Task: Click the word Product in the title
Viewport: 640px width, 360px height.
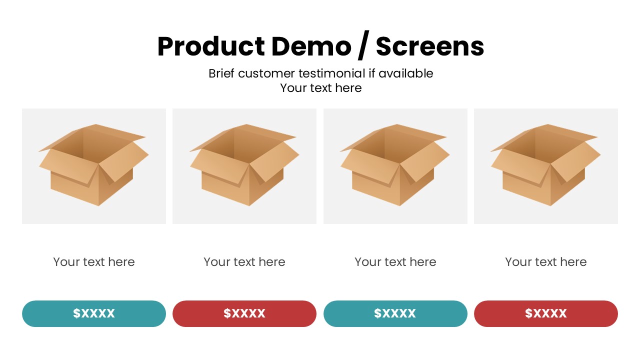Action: pyautogui.click(x=211, y=46)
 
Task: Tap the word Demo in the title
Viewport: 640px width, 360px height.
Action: pyautogui.click(x=311, y=46)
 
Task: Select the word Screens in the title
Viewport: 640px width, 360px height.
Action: pyautogui.click(x=430, y=46)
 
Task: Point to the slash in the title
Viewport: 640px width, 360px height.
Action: pyautogui.click(x=363, y=45)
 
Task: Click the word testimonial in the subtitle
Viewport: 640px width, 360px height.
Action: pyautogui.click(x=332, y=73)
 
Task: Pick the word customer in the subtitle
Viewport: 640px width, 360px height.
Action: pyautogui.click(x=266, y=73)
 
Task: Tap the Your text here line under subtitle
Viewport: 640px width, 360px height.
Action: pyautogui.click(x=321, y=88)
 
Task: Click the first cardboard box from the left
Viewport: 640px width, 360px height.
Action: pyautogui.click(x=93, y=165)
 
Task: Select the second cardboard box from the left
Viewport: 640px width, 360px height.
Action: pyautogui.click(x=244, y=165)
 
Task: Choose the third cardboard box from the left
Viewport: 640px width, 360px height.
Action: pyautogui.click(x=395, y=165)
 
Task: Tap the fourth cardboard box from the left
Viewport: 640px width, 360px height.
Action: pyautogui.click(x=545, y=165)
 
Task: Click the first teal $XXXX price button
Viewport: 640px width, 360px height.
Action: pyautogui.click(x=93, y=313)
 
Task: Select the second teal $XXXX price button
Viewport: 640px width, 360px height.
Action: pyautogui.click(x=395, y=313)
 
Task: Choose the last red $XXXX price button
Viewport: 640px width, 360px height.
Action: pyautogui.click(x=545, y=313)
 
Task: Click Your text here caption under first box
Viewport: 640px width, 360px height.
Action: pyautogui.click(x=93, y=262)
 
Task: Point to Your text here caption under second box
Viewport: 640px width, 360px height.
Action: pyautogui.click(x=244, y=262)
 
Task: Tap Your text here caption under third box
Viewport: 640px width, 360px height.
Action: pyautogui.click(x=395, y=262)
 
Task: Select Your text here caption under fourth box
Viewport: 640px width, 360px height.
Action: pyautogui.click(x=545, y=262)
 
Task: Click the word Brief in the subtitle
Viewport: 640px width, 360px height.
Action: pyautogui.click(x=221, y=73)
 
